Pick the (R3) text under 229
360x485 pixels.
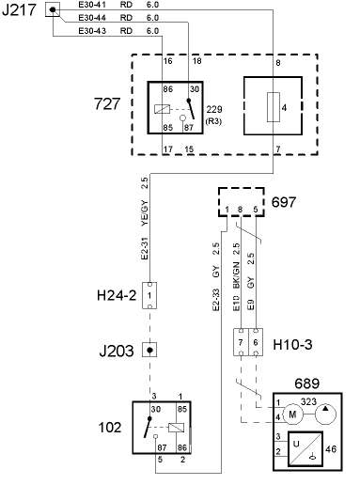coord(216,121)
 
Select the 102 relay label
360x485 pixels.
coord(110,427)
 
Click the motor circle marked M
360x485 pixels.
coord(292,415)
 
